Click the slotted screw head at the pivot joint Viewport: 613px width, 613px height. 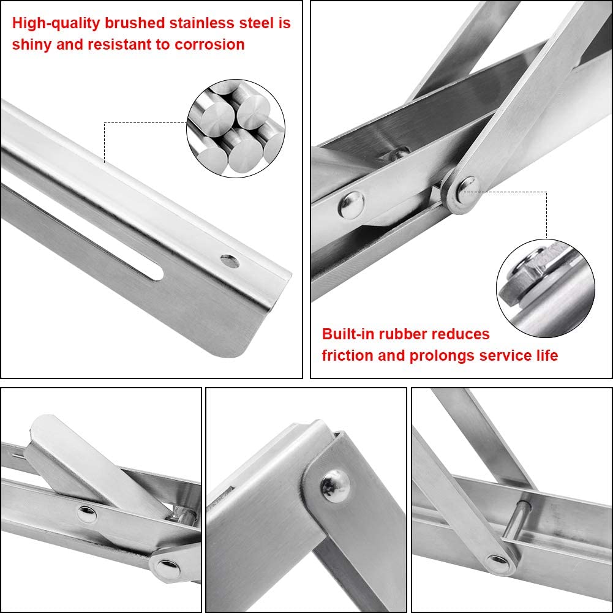click(467, 184)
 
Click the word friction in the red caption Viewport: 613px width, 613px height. click(347, 355)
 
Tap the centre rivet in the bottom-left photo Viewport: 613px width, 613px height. click(86, 513)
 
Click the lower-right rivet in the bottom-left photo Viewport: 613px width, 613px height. click(165, 568)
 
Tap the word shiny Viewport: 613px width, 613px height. click(32, 45)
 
